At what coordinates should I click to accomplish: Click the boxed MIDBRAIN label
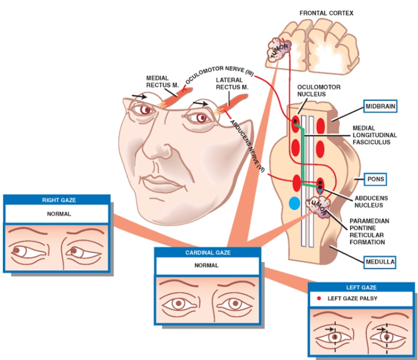point(380,106)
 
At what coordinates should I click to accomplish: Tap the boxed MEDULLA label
point(378,261)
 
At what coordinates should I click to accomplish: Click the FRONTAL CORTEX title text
point(326,12)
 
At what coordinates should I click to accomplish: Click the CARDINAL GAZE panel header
point(208,253)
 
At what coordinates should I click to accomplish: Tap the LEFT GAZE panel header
point(361,287)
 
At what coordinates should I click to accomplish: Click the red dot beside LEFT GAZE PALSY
point(320,297)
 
